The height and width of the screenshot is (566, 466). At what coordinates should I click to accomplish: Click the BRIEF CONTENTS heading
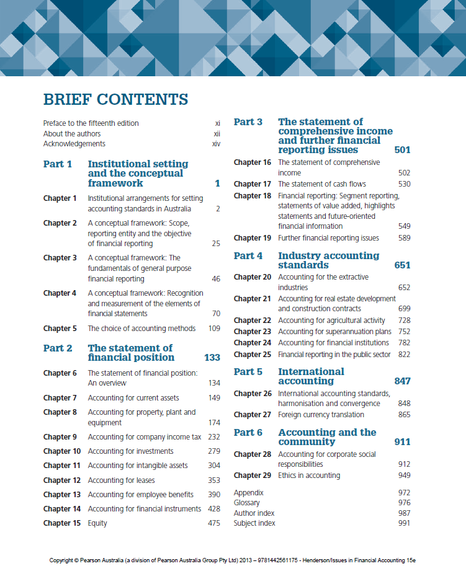point(115,99)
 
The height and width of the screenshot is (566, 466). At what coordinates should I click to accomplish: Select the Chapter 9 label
point(60,437)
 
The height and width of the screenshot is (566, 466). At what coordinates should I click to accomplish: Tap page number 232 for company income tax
point(213,437)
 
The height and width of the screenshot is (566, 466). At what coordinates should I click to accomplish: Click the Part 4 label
point(248,256)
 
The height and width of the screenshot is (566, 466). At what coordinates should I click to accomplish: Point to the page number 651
point(402,265)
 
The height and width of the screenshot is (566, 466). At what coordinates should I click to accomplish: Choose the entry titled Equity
point(97,523)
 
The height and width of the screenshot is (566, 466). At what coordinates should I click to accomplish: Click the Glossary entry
point(247,503)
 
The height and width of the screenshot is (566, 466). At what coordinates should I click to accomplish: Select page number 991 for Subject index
point(404,523)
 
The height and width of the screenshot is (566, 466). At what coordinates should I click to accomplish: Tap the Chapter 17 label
point(253,184)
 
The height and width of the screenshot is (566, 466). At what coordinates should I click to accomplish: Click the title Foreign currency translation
point(321,415)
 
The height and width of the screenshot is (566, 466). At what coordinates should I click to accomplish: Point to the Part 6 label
point(248,433)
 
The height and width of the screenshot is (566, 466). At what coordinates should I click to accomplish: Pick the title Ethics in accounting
point(309,475)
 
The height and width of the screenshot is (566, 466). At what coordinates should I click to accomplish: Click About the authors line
point(72,133)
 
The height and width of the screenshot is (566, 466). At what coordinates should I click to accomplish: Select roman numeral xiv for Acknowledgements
point(216,144)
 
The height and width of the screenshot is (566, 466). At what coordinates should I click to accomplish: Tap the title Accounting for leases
point(122,480)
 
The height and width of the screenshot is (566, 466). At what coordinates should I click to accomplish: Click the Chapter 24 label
point(253,343)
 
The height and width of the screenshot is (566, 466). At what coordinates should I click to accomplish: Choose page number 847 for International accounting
point(402,381)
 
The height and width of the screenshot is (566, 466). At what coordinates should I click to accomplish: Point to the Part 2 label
point(58,348)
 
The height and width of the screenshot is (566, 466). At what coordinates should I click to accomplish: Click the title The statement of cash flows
point(322,184)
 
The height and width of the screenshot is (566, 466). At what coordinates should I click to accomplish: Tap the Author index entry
point(254,513)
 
